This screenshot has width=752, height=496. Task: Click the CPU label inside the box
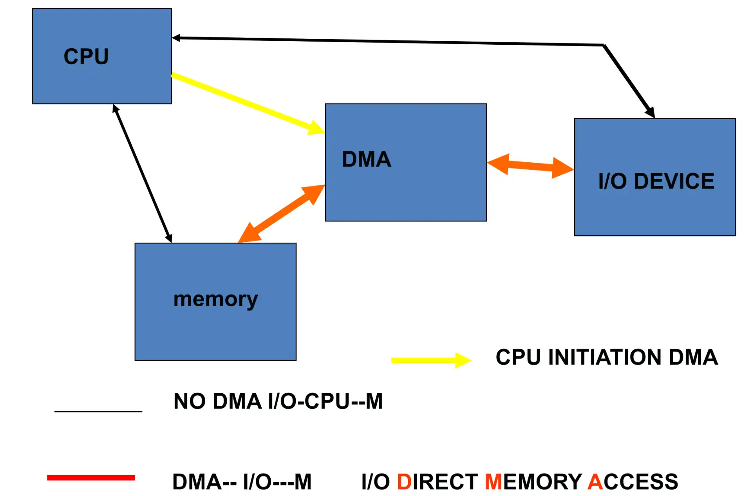tap(86, 56)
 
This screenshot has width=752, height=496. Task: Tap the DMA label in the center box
tap(367, 159)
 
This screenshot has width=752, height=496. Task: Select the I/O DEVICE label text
tap(656, 181)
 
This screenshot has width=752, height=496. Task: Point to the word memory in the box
tap(215, 300)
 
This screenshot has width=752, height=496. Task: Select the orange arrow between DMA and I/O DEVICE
tap(530, 166)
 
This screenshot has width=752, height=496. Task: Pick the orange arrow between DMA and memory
tap(281, 214)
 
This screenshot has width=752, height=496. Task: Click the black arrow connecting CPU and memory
tap(142, 173)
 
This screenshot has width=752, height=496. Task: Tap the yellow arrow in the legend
tap(431, 360)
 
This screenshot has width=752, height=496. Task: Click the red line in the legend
tap(91, 477)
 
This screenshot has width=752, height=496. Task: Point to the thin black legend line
tap(98, 412)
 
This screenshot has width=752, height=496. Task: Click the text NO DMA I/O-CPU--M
tap(278, 401)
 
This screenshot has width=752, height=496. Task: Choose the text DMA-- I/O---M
tap(242, 482)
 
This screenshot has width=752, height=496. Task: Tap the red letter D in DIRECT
tap(404, 482)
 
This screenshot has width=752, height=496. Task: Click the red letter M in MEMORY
tap(493, 482)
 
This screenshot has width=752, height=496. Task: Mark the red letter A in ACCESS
tap(595, 482)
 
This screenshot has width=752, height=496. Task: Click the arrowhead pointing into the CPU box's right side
tap(176, 38)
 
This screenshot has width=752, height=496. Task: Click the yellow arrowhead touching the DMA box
tap(316, 128)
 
